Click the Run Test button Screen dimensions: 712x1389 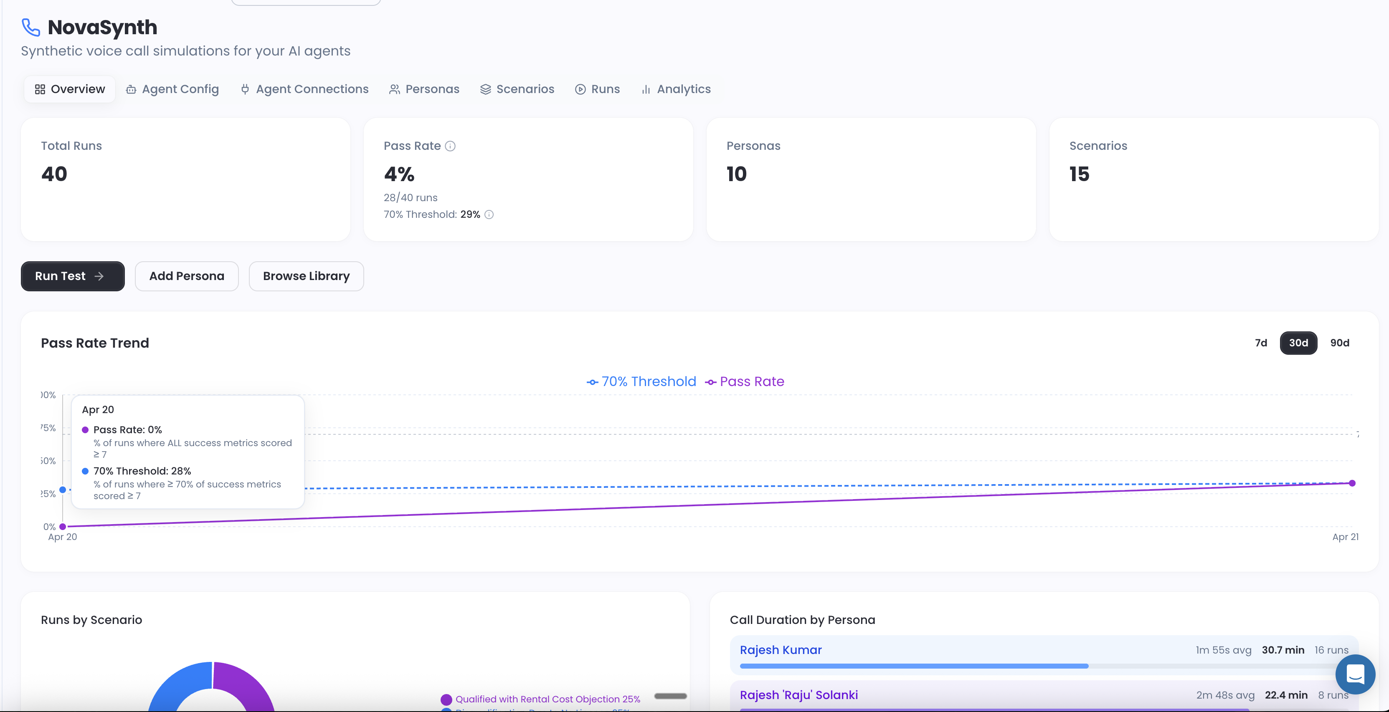coord(72,276)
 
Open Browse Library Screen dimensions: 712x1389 coord(306,276)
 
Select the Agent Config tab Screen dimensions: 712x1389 coord(172,89)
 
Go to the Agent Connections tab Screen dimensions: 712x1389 coord(304,89)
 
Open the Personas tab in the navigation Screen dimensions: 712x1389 coord(424,89)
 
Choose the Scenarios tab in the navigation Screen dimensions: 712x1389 coord(517,89)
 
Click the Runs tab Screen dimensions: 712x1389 coord(598,89)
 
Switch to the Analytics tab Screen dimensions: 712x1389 coord(676,89)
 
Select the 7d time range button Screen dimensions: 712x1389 coord(1261,343)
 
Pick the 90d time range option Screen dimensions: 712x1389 coord(1339,343)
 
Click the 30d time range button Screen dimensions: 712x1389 coord(1298,343)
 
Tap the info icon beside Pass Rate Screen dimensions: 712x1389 coord(450,146)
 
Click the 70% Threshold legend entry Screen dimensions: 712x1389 coord(641,381)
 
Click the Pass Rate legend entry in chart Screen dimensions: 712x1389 coord(745,381)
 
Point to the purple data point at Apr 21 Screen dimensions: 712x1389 coord(1352,483)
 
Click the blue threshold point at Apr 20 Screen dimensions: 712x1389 coord(63,490)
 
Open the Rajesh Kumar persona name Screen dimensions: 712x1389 coord(780,650)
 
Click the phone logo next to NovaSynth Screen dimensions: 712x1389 coord(31,27)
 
